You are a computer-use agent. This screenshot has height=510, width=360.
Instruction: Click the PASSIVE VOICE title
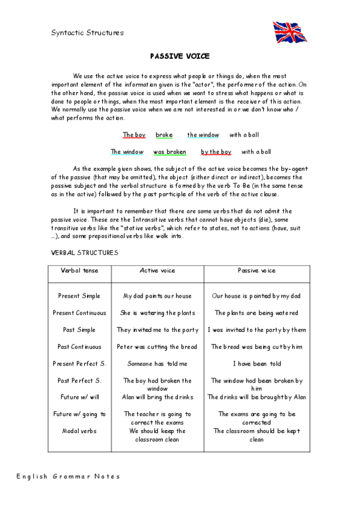coord(180,56)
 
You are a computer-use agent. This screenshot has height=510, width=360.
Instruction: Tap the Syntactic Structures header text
coord(87,33)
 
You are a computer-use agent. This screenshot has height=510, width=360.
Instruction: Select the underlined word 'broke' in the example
coord(164,135)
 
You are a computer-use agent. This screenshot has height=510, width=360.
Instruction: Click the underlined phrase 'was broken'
coord(169,152)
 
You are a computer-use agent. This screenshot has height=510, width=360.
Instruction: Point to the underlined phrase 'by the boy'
coord(216,152)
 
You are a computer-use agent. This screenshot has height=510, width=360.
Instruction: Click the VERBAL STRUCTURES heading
coord(85,253)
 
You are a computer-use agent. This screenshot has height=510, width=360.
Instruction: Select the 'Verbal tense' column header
coord(79,271)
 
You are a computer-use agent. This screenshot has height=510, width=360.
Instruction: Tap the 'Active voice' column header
coord(157,271)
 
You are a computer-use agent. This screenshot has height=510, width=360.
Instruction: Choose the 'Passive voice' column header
coord(257,271)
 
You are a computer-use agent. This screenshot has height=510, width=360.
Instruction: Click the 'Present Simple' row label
coord(79,296)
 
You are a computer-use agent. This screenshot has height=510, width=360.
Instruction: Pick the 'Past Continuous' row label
coord(79,346)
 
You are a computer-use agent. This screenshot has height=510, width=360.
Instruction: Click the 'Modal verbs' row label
coord(79,431)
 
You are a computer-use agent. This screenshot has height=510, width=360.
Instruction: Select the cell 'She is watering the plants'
coord(157,313)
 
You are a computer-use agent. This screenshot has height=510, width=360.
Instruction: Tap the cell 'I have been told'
coord(257,363)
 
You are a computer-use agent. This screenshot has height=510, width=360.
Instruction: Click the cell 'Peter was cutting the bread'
coord(157,346)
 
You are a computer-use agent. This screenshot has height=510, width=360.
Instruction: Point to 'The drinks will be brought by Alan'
coord(257,397)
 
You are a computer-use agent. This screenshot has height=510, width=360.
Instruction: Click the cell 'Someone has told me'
coord(157,363)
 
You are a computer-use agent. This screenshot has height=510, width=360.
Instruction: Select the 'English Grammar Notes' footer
coord(68,476)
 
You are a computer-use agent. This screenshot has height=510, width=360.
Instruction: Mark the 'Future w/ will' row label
coord(79,397)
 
